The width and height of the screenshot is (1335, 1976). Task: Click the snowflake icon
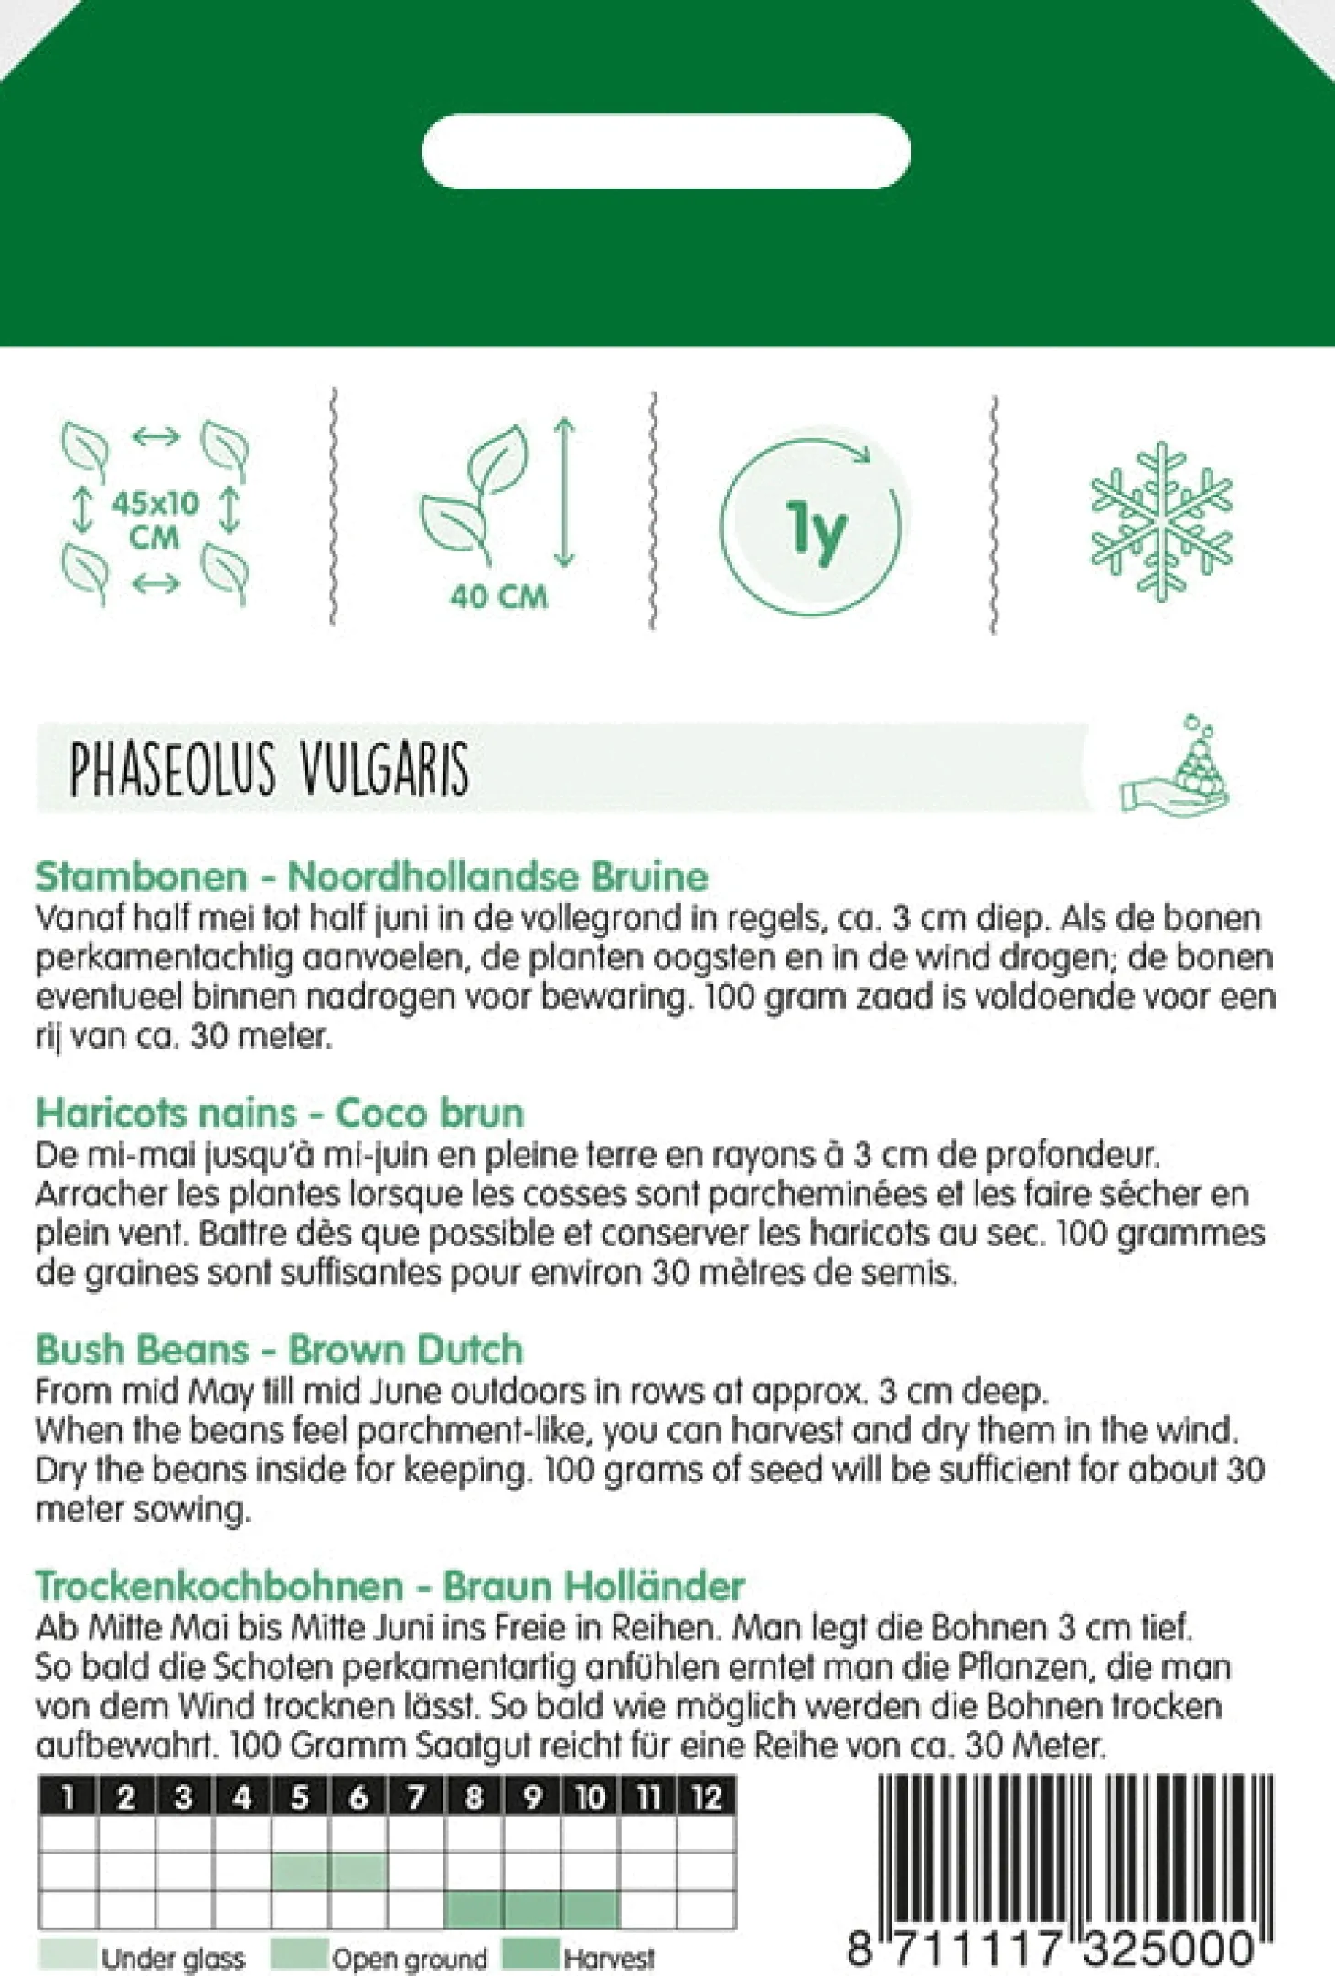(x=1160, y=521)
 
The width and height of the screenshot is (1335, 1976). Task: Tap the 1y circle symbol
(x=810, y=527)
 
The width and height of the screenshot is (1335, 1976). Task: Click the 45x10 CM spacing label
(x=155, y=518)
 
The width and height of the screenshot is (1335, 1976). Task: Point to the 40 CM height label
(x=498, y=597)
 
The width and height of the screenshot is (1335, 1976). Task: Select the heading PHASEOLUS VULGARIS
(x=270, y=769)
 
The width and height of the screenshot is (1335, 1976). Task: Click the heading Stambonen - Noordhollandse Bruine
(x=371, y=876)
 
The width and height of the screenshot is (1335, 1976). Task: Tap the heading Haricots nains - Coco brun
(x=280, y=1113)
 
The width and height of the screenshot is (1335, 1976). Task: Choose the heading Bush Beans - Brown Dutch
(x=280, y=1350)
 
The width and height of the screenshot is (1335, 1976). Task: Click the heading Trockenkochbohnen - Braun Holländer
(x=390, y=1586)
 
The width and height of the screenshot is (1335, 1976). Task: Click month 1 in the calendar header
(x=68, y=1798)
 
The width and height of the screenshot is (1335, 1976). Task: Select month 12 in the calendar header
(x=706, y=1798)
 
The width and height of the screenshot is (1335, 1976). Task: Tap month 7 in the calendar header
(x=416, y=1798)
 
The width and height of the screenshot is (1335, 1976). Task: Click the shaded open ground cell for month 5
(x=300, y=1872)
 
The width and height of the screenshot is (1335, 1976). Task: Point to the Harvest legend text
(x=609, y=1958)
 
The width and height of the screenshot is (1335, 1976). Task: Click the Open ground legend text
(x=410, y=1958)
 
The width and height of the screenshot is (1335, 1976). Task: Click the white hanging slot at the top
(x=666, y=152)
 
